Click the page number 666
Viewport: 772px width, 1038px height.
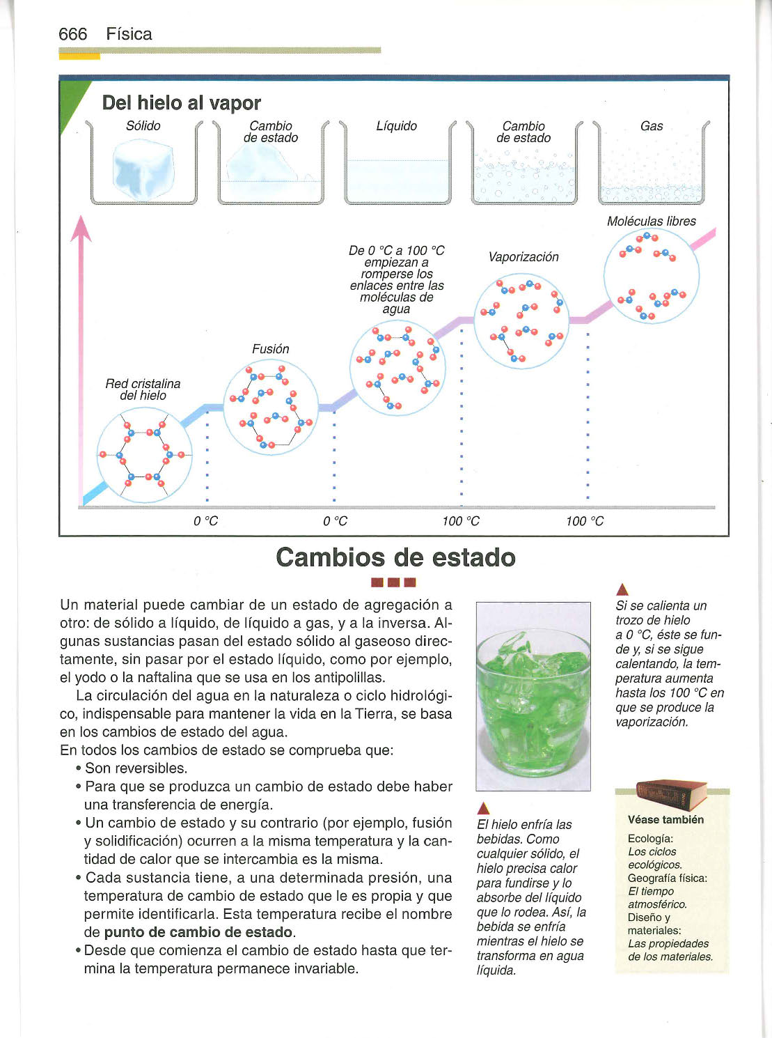tap(73, 34)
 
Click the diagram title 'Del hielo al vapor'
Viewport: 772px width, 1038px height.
tap(181, 103)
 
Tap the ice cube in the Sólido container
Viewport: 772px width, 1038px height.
tap(143, 169)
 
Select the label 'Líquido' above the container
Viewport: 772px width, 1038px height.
tap(396, 126)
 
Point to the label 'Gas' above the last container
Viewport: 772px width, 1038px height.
tap(651, 126)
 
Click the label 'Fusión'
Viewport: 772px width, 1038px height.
tap(270, 349)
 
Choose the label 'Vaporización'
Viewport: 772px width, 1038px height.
tap(523, 257)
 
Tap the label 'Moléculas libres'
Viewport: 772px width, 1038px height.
tap(651, 222)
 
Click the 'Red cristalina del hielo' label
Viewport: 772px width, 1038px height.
tap(143, 389)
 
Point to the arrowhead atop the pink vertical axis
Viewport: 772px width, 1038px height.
tap(81, 228)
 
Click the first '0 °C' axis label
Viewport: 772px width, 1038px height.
tap(205, 521)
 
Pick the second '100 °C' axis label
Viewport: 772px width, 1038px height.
tap(585, 521)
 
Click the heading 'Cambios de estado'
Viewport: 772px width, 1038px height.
tap(395, 557)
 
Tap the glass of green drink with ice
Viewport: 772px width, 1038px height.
tap(533, 697)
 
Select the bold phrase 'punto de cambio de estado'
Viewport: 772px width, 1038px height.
tap(198, 932)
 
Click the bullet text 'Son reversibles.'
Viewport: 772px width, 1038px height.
tap(136, 768)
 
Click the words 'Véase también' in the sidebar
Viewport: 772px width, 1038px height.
tap(665, 820)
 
